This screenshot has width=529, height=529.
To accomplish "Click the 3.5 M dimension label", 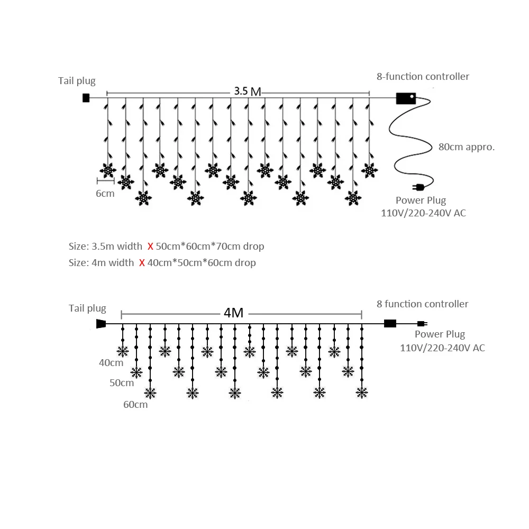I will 248,91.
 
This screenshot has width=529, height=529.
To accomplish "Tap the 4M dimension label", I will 233,313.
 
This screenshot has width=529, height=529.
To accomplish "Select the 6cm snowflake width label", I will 105,194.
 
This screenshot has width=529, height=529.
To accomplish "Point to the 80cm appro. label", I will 467,147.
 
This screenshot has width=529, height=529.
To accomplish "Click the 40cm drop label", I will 111,363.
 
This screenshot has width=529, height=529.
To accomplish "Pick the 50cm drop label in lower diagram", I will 122,382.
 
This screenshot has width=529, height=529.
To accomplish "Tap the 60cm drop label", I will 135,405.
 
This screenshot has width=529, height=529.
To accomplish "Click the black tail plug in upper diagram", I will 86,98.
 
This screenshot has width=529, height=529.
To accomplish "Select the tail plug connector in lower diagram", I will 101,324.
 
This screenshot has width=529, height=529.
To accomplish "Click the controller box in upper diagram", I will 406,98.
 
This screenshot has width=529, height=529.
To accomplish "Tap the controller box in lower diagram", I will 390,324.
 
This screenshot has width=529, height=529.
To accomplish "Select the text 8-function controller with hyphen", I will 423,77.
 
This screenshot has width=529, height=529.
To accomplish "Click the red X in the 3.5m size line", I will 150,247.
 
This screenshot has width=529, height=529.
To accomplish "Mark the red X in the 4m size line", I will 142,263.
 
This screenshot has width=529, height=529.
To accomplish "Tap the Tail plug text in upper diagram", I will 77,81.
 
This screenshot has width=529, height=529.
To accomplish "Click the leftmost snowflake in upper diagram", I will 108,170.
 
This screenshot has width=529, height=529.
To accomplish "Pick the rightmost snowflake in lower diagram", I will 362,393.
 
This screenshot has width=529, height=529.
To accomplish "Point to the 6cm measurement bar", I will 106,181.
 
